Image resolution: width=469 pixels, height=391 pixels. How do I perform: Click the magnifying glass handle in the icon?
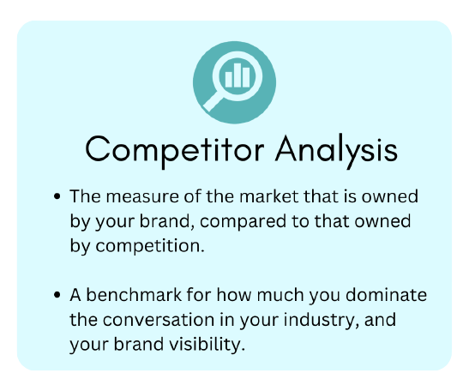coord(213,102)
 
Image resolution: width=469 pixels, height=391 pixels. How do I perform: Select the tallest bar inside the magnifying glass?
coord(238,75)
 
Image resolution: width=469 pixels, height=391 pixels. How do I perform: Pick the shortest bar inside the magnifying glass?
coord(229,79)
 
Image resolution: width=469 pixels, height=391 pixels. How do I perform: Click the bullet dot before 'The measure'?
coord(57,196)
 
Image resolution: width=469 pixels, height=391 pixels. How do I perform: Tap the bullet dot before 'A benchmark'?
coord(57,295)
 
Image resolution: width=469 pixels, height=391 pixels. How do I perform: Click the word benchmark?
coord(134,295)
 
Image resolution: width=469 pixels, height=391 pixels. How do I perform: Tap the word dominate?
coord(386,295)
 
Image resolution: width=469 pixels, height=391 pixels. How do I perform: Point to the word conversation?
coord(159,320)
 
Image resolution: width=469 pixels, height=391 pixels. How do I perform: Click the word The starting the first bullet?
coord(85,196)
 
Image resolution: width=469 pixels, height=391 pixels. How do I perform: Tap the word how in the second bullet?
coord(234,295)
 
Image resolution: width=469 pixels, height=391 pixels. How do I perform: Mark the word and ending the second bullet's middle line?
coord(380,320)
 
